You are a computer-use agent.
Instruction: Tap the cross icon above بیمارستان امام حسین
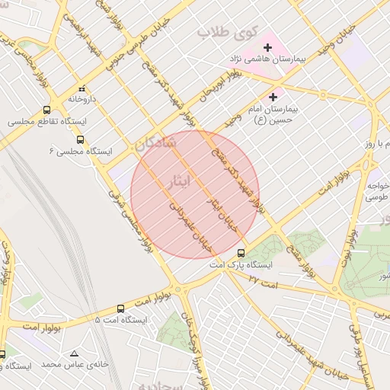pyautogui.click(x=273, y=97)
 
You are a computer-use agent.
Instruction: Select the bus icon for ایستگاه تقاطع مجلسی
pyautogui.click(x=47, y=110)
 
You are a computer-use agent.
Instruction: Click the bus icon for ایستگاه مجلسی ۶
pyautogui.click(x=81, y=139)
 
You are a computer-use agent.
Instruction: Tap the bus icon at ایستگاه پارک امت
pyautogui.click(x=241, y=253)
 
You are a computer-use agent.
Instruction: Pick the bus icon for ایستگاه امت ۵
pyautogui.click(x=120, y=308)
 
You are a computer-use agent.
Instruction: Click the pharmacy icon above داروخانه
pyautogui.click(x=82, y=88)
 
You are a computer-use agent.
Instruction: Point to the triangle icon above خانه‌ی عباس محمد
pyautogui.click(x=74, y=353)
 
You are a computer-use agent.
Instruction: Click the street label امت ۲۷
pyautogui.click(x=264, y=282)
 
